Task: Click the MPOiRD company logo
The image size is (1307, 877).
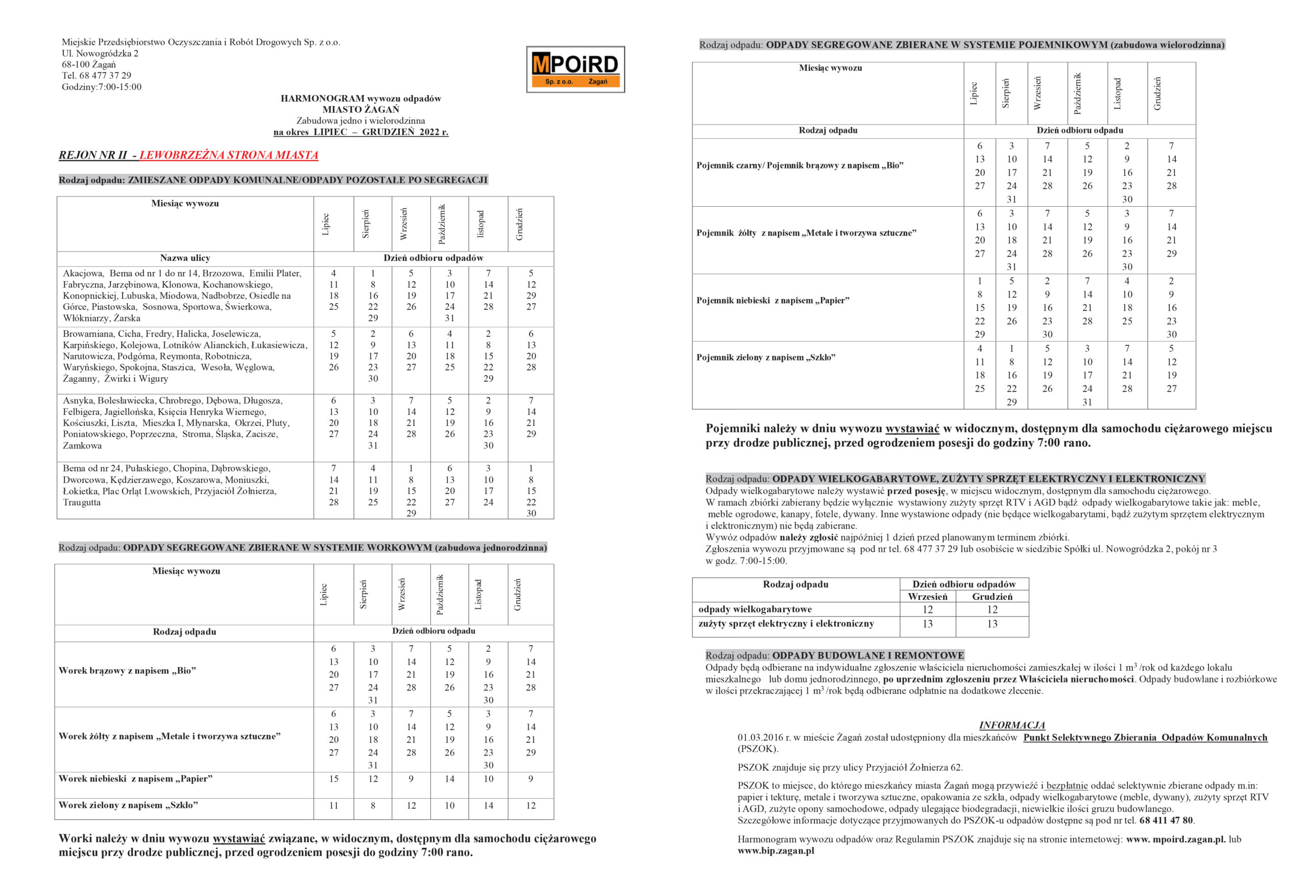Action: [575, 69]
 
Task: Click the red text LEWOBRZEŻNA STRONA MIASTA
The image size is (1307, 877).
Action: [229, 155]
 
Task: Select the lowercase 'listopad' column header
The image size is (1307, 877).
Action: [480, 223]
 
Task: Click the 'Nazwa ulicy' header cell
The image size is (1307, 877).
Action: [185, 258]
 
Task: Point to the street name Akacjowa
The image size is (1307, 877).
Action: [83, 274]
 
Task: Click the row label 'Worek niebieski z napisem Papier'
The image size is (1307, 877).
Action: [135, 779]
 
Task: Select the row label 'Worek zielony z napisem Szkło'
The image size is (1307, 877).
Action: [128, 806]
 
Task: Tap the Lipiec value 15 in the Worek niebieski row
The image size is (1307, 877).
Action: [333, 779]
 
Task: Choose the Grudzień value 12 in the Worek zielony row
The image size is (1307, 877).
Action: [531, 806]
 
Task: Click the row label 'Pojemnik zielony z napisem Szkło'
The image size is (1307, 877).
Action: [766, 357]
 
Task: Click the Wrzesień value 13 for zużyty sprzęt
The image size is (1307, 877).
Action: [927, 624]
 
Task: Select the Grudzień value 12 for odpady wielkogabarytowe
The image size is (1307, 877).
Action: [992, 610]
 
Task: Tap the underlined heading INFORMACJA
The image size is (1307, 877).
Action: [1012, 725]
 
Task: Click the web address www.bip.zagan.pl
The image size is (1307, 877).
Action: [776, 851]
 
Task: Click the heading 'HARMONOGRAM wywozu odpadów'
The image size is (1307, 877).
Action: [361, 99]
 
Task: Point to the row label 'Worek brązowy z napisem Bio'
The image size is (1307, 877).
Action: [128, 671]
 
